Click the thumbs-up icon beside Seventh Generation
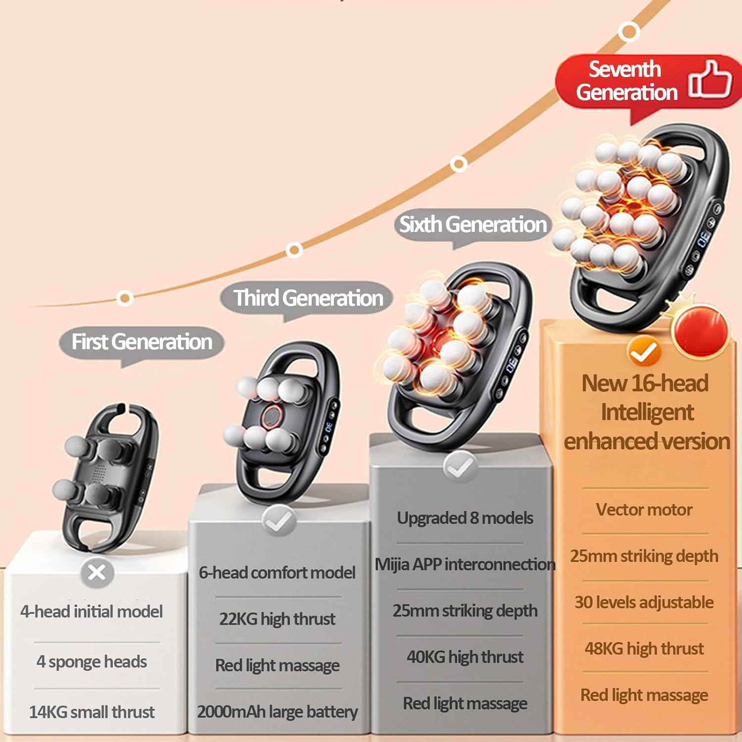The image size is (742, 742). (x=710, y=79)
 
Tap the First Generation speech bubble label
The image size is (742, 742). (x=142, y=342)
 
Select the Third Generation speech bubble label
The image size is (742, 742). (x=308, y=298)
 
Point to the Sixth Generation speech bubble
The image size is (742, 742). (x=473, y=225)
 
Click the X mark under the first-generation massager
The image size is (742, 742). (x=97, y=572)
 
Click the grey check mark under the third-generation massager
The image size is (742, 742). (x=279, y=520)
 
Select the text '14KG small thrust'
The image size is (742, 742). (x=92, y=712)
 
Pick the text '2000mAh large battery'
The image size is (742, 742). (x=278, y=711)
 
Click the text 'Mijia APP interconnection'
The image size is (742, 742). (x=465, y=564)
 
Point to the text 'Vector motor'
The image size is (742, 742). (x=644, y=510)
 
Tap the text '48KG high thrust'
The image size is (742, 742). (x=644, y=648)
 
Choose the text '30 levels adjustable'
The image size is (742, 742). (x=644, y=602)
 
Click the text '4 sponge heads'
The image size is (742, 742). (x=92, y=661)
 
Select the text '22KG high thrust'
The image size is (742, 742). (x=278, y=619)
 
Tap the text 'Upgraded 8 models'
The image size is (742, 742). (x=465, y=518)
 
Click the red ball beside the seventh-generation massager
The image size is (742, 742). (x=701, y=330)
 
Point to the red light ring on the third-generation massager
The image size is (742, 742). (x=271, y=417)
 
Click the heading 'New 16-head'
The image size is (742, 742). (x=645, y=383)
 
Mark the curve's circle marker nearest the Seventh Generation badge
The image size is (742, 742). (x=629, y=31)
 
